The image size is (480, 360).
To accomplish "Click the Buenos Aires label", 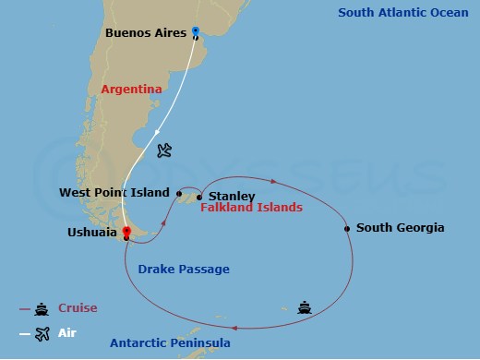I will click(x=147, y=33).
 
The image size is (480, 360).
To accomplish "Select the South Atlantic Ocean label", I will click(x=402, y=13).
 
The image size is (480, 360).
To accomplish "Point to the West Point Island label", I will click(x=114, y=193).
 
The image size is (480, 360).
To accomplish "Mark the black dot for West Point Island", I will click(x=179, y=194).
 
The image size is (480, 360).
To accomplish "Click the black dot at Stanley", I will click(x=199, y=197).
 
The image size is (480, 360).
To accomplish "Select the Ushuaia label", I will click(x=93, y=233).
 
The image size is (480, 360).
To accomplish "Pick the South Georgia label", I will click(x=400, y=228).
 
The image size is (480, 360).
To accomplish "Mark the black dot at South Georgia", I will click(x=347, y=228).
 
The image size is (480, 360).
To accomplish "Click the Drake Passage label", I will click(x=184, y=270).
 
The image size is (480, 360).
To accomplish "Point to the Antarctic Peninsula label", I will click(x=170, y=343).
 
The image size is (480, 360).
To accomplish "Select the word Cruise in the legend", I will click(x=78, y=308).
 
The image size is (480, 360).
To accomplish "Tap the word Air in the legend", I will click(x=67, y=333).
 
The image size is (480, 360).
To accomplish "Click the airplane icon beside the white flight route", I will click(x=164, y=150).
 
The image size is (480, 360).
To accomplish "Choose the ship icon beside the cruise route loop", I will click(x=304, y=307).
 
